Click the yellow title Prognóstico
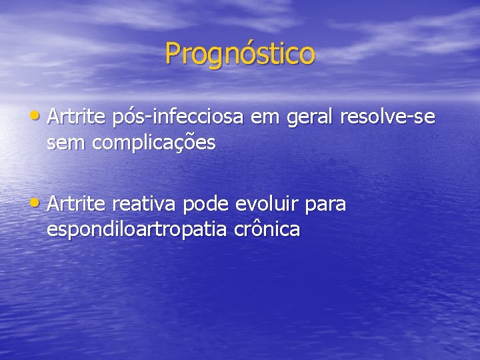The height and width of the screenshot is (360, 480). (x=240, y=54)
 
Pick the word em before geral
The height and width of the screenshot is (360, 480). (x=267, y=118)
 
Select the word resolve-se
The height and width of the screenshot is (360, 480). (x=387, y=117)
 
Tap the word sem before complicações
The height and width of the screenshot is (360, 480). (x=65, y=143)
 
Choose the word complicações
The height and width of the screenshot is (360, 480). (x=153, y=143)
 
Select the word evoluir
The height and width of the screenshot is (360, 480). (x=273, y=203)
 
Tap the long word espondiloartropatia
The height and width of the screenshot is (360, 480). (x=137, y=229)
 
